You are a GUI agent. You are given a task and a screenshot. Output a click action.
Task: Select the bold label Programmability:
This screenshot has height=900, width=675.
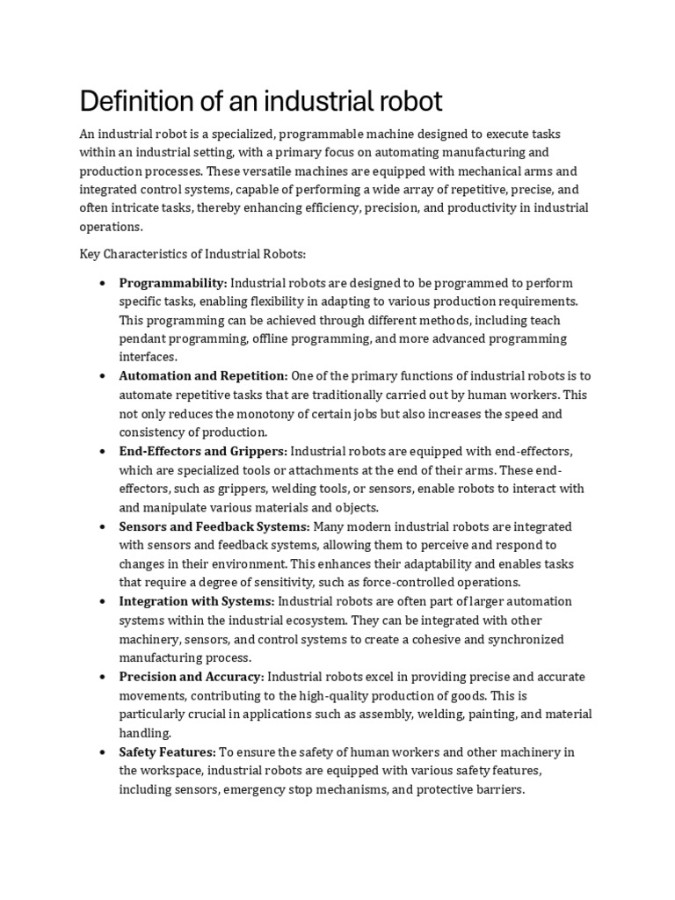(x=173, y=283)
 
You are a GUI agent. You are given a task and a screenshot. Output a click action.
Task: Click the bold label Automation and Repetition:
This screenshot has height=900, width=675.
(x=203, y=376)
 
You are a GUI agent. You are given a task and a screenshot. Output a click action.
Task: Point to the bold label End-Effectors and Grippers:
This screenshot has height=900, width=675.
(x=203, y=451)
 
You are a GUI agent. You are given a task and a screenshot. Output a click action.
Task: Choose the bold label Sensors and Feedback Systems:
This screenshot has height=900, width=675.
(x=214, y=526)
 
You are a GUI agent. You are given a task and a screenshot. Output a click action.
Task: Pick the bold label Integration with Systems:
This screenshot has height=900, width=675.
(x=197, y=601)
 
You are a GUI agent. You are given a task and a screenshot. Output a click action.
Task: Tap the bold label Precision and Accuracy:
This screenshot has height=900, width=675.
(x=191, y=677)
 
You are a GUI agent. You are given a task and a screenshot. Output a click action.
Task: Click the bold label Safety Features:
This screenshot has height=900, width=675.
(x=167, y=752)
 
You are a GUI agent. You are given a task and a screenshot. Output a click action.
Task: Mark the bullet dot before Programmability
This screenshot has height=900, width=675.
(x=103, y=284)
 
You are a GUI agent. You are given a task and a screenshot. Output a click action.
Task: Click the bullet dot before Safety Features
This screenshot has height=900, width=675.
(x=103, y=753)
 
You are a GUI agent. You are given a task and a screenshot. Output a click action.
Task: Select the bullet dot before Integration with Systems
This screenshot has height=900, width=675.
(x=103, y=602)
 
